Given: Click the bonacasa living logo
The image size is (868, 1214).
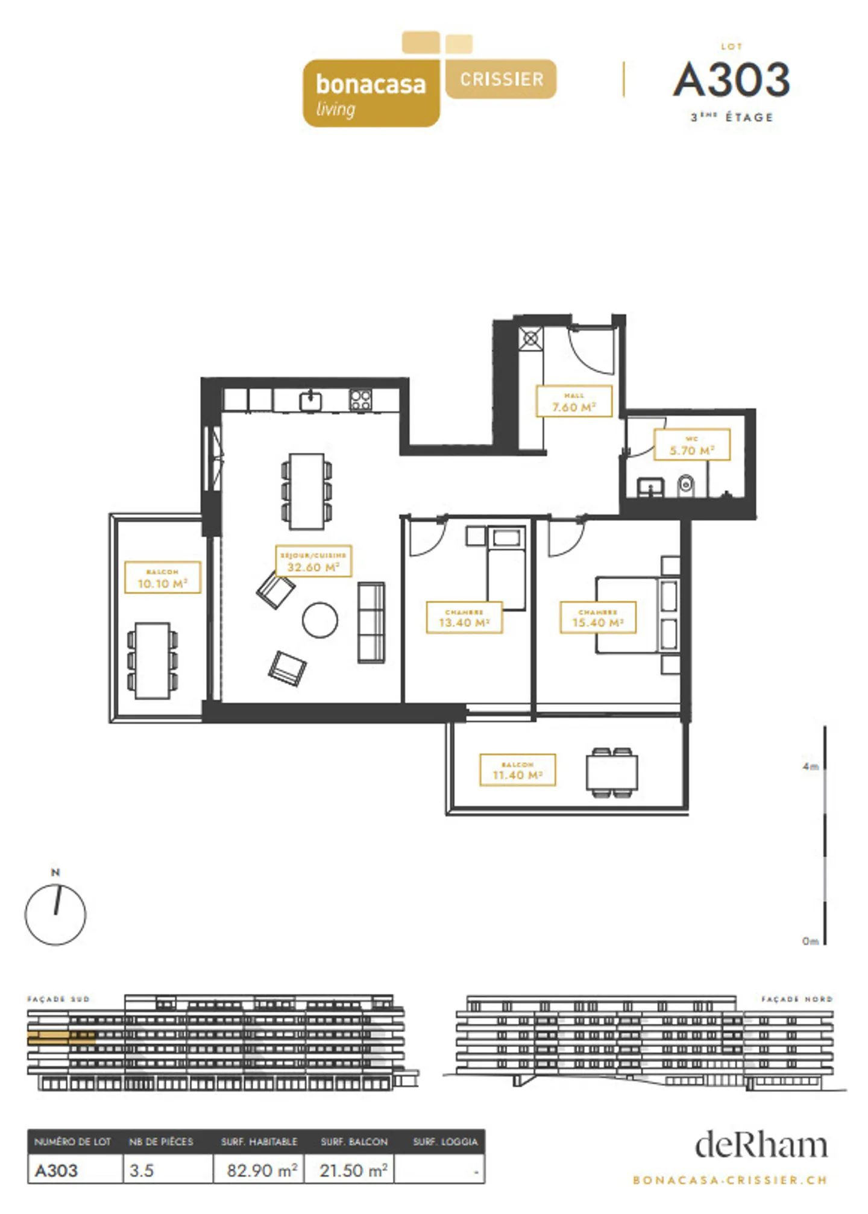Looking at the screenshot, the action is pyautogui.click(x=371, y=93).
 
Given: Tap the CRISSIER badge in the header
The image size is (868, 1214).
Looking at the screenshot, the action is pyautogui.click(x=501, y=79).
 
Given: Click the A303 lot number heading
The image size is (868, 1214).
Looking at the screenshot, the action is pyautogui.click(x=731, y=80).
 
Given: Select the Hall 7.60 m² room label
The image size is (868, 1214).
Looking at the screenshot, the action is pyautogui.click(x=574, y=402).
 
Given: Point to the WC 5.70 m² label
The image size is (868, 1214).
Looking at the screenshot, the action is pyautogui.click(x=691, y=445).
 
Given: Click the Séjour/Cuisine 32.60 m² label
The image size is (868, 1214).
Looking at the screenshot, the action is pyautogui.click(x=313, y=561).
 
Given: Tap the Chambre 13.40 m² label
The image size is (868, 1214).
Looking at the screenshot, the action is pyautogui.click(x=464, y=618).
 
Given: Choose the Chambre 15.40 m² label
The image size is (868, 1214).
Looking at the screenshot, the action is pyautogui.click(x=597, y=618).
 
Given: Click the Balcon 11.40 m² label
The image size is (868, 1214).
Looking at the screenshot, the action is pyautogui.click(x=517, y=770).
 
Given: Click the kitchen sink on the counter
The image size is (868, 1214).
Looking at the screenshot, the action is pyautogui.click(x=310, y=401).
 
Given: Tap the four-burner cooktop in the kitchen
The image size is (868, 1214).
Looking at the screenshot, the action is pyautogui.click(x=360, y=400).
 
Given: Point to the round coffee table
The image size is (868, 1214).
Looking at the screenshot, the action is pyautogui.click(x=319, y=621).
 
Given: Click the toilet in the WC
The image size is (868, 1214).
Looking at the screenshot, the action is pyautogui.click(x=685, y=485).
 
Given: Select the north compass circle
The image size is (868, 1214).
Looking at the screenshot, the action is pyautogui.click(x=55, y=915).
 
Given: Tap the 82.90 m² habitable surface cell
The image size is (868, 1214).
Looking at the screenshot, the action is pyautogui.click(x=261, y=1171).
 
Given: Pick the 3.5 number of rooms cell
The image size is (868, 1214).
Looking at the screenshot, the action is pyautogui.click(x=142, y=1171).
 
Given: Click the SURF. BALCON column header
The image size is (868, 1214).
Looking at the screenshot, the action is pyautogui.click(x=354, y=1142).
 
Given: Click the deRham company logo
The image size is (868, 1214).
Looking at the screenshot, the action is pyautogui.click(x=761, y=1145).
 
